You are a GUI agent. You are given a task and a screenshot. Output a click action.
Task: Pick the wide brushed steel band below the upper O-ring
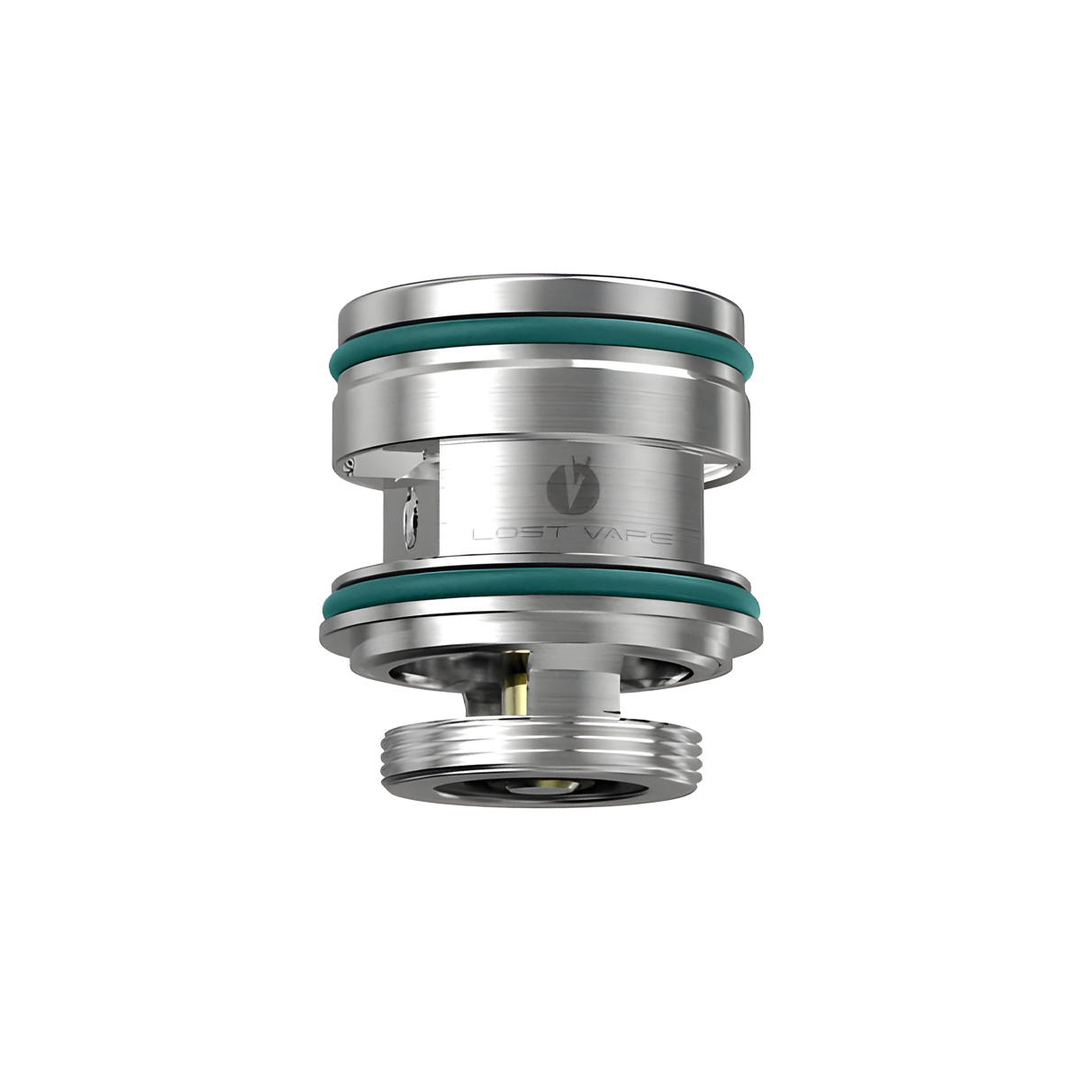point(540,404)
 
